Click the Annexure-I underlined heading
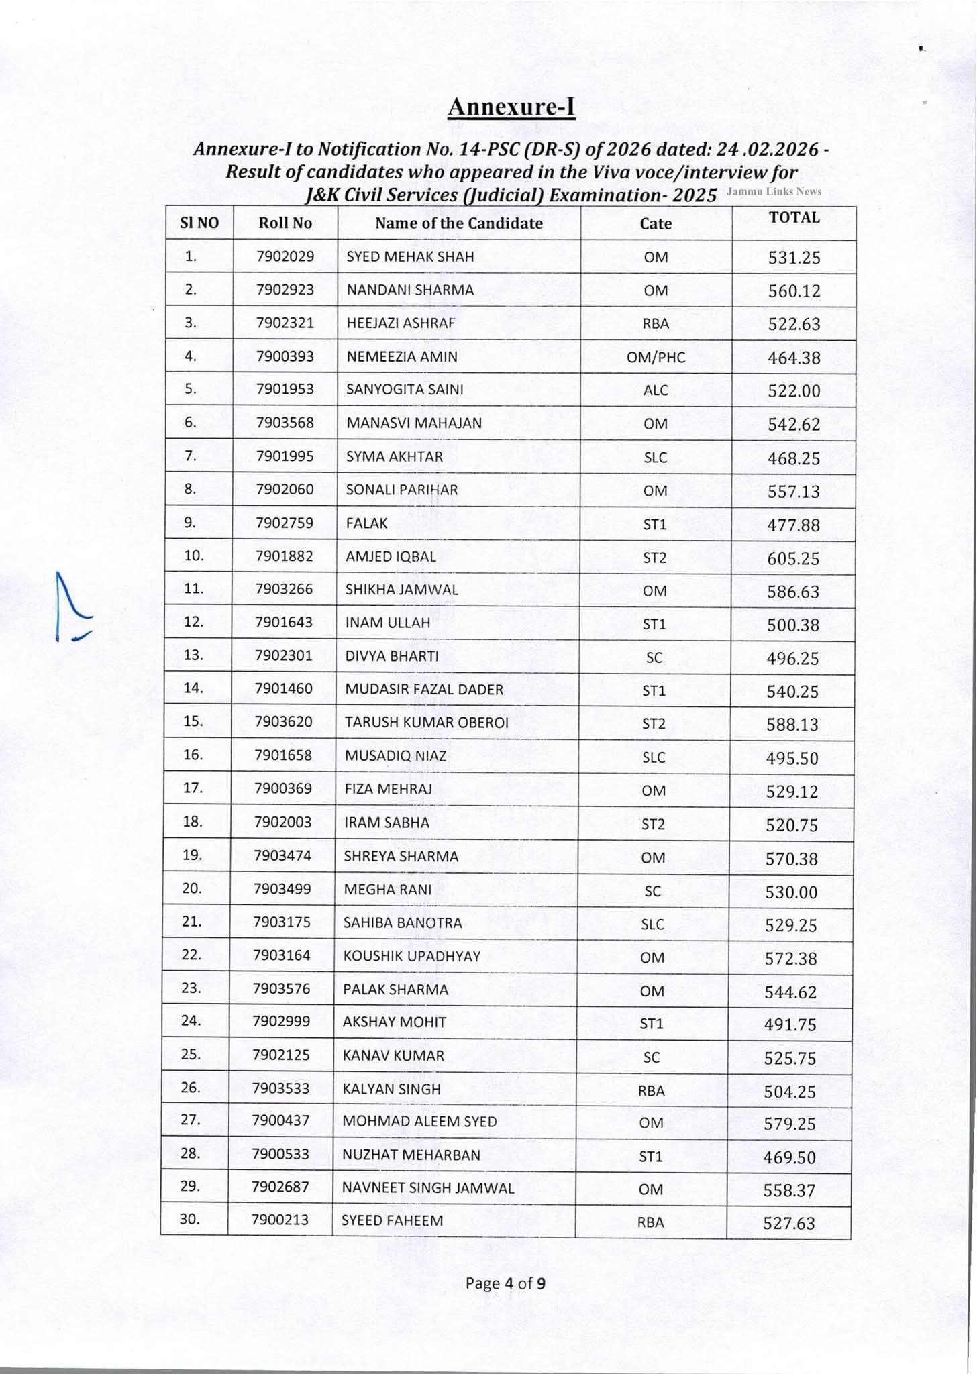click(511, 107)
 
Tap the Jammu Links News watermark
click(774, 191)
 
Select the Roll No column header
click(285, 223)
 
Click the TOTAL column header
click(794, 217)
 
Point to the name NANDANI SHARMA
click(410, 290)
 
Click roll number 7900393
click(285, 356)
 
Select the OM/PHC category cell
click(656, 357)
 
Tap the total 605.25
click(793, 558)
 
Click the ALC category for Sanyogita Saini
click(655, 390)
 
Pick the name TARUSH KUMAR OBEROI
click(427, 722)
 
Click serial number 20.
click(192, 888)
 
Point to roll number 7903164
click(282, 955)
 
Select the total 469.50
click(790, 1157)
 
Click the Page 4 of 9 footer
click(505, 1283)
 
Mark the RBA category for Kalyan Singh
click(651, 1091)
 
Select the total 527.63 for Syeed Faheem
click(789, 1223)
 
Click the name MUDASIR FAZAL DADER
click(423, 689)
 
